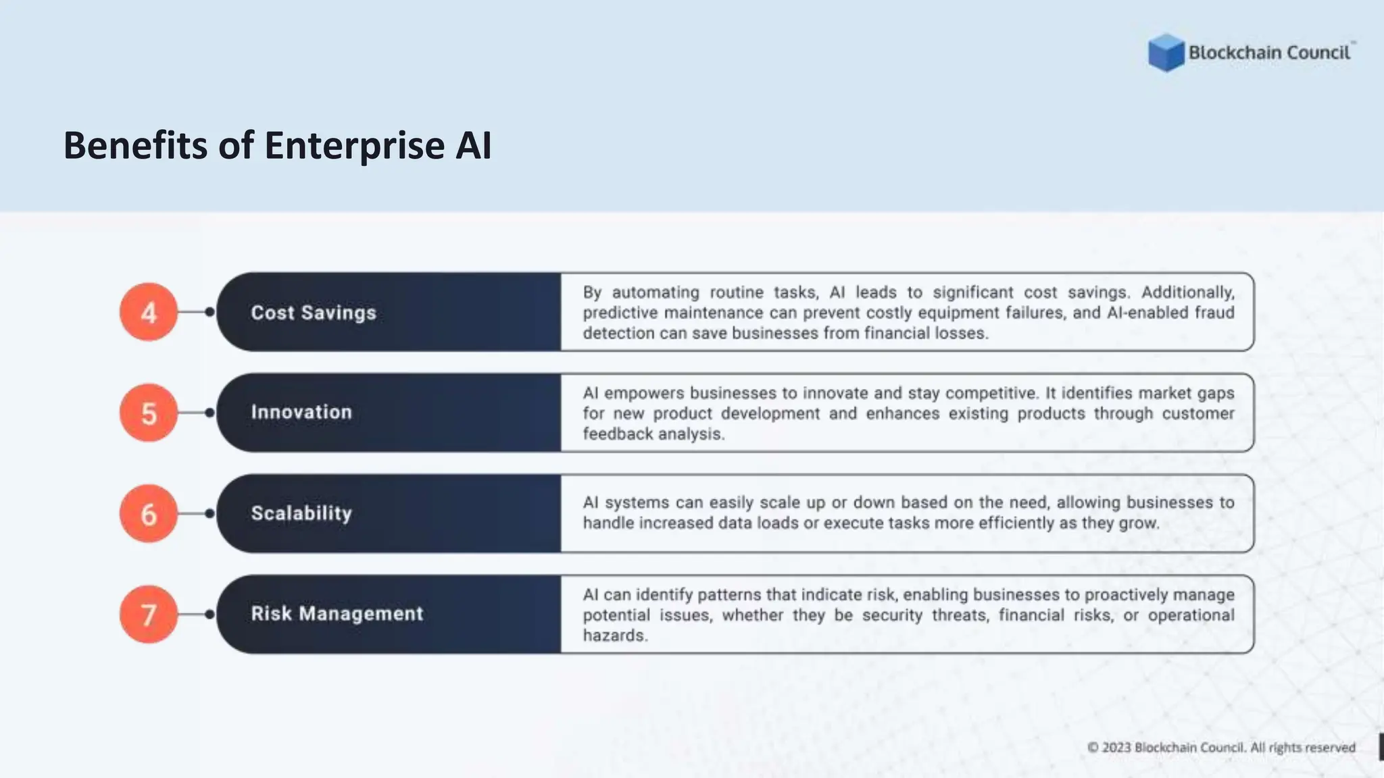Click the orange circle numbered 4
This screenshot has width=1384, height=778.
tap(149, 312)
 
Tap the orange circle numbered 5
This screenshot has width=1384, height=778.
tap(149, 413)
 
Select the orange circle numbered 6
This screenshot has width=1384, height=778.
tap(149, 513)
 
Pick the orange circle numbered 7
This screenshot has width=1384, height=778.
tap(149, 614)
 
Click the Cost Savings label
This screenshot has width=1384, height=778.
tap(314, 313)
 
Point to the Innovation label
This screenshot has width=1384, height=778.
tap(301, 412)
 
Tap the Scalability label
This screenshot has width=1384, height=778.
tap(301, 513)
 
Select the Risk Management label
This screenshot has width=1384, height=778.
tap(337, 613)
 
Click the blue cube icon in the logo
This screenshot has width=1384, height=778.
tap(1166, 53)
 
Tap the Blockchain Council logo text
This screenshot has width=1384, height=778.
tap(1269, 53)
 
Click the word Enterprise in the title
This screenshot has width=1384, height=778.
tap(354, 146)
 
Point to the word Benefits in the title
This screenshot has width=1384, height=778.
tap(135, 146)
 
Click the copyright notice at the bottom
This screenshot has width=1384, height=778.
tap(1221, 748)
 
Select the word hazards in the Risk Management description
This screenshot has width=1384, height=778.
tap(614, 636)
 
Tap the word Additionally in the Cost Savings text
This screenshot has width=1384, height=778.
tap(1187, 292)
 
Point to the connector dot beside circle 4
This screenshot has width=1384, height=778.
tap(209, 312)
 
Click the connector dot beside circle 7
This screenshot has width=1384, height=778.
tap(209, 614)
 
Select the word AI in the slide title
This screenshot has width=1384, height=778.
tap(473, 146)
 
